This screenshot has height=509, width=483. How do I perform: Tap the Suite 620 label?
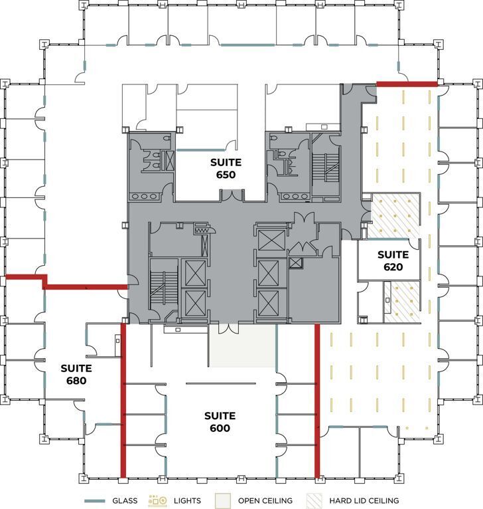(393, 260)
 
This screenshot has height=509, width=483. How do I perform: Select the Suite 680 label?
(76, 374)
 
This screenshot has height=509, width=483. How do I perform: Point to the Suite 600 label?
(220, 422)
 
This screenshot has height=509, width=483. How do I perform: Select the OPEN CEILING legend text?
(265, 500)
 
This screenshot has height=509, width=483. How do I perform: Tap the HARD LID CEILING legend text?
(363, 500)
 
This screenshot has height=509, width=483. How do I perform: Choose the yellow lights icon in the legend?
(157, 500)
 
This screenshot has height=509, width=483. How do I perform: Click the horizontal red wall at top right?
(407, 84)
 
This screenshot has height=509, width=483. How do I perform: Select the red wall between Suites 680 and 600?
(123, 399)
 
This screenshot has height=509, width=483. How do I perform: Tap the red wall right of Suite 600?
(317, 399)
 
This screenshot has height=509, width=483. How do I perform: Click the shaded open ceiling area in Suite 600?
(242, 346)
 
